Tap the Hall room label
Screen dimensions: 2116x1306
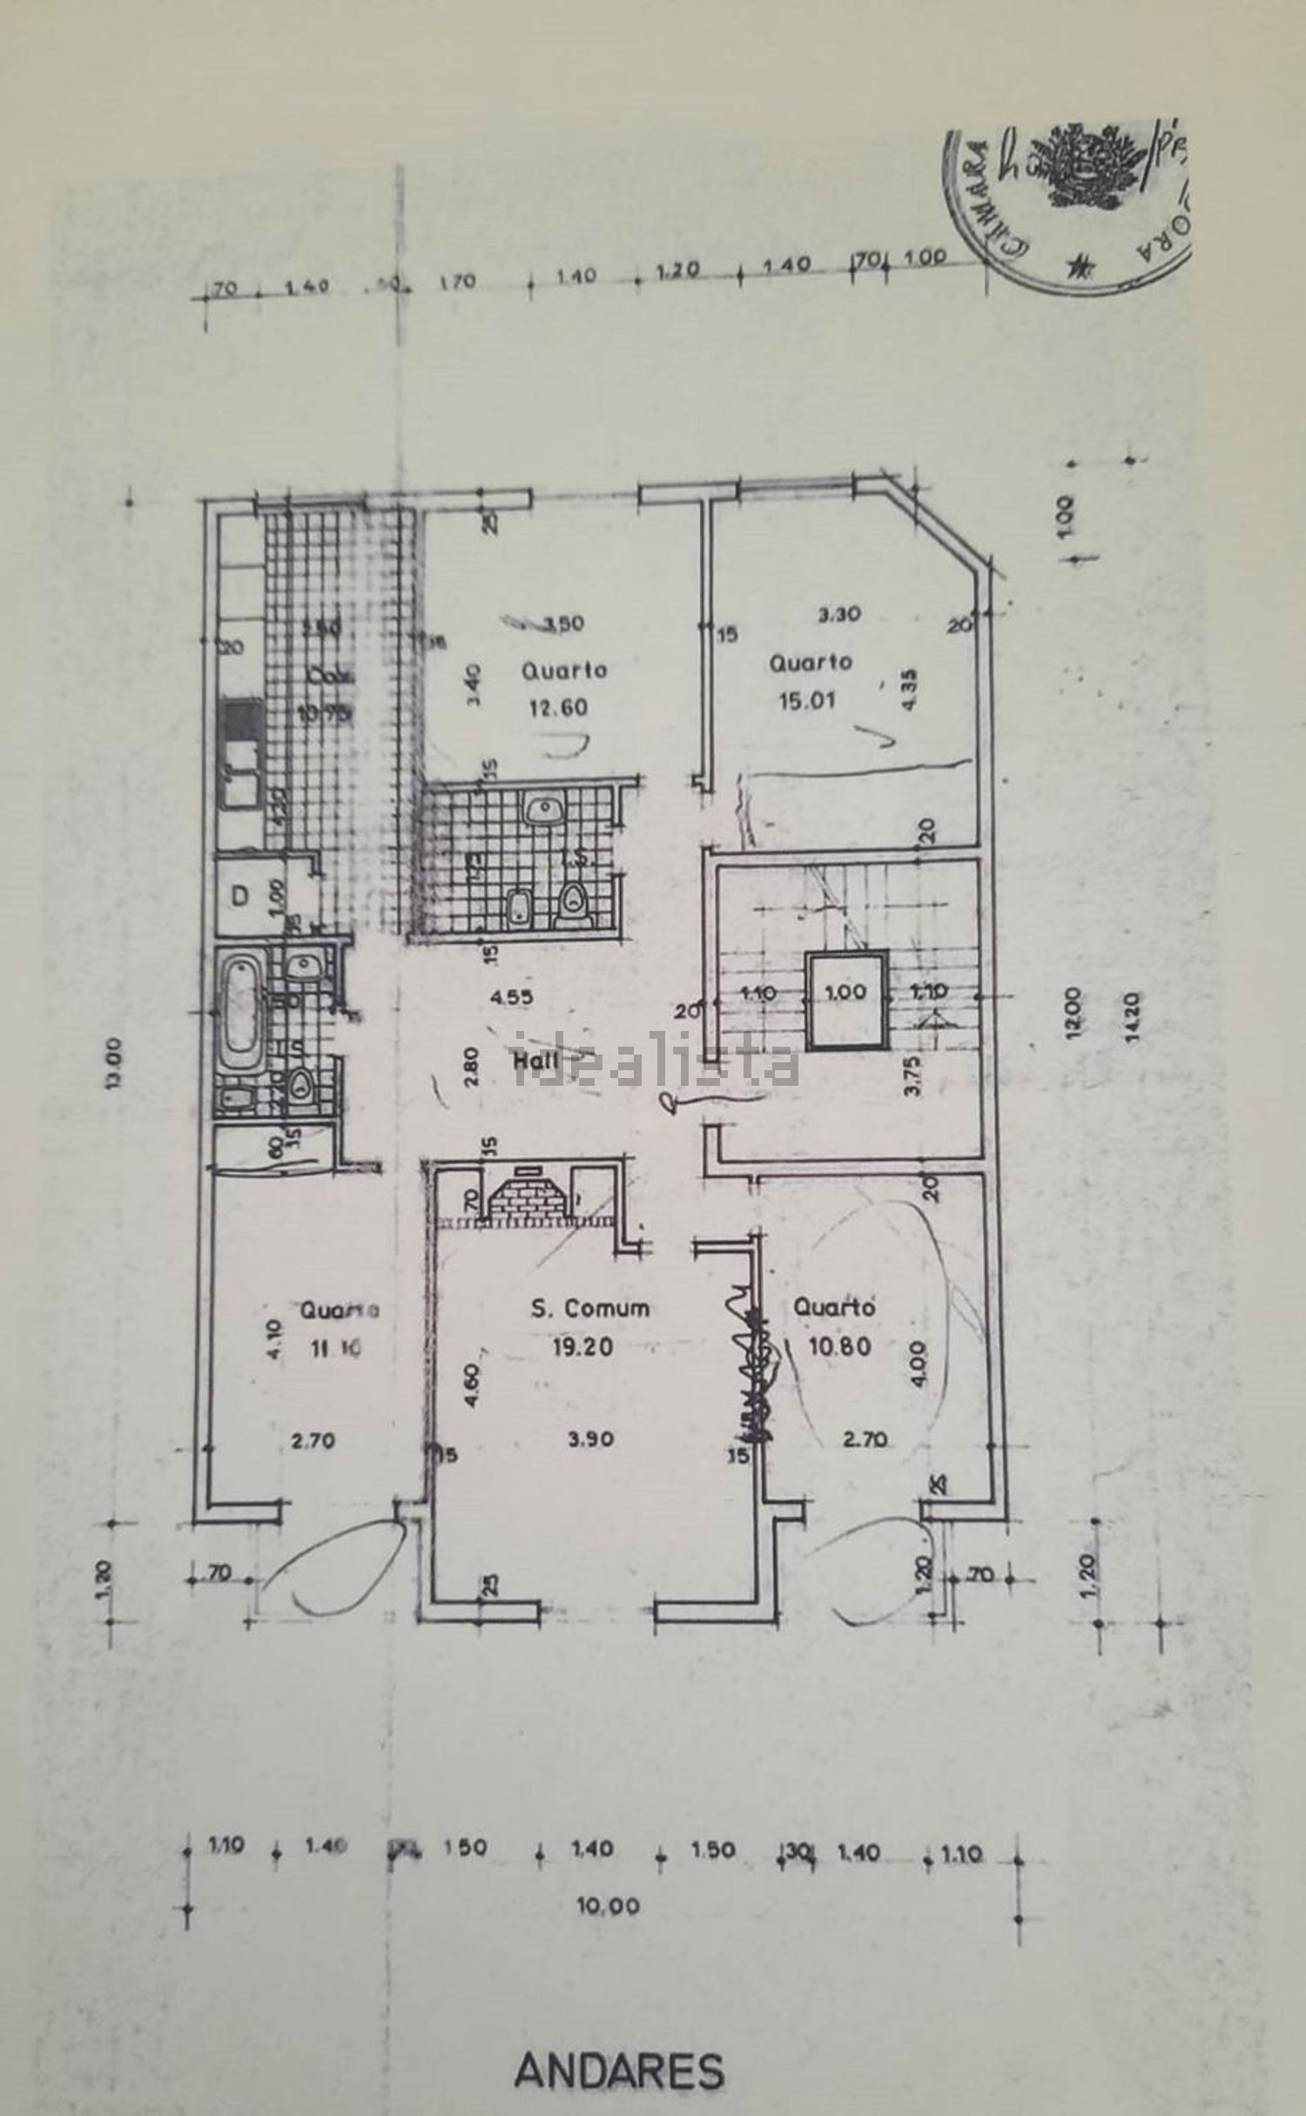535,1061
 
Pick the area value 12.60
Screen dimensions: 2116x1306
556,707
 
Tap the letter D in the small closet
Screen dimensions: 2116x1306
241,894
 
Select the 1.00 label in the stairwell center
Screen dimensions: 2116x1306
844,991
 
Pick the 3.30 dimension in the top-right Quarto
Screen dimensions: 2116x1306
838,613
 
